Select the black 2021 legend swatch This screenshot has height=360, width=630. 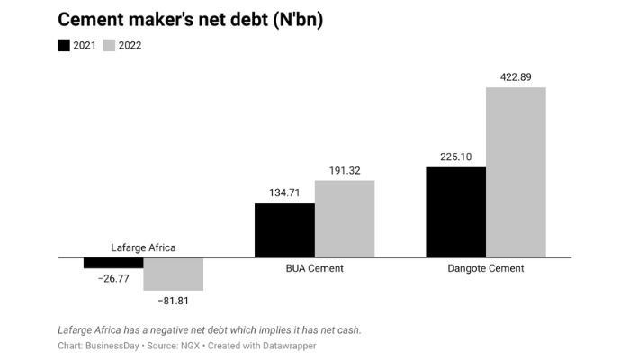(x=64, y=46)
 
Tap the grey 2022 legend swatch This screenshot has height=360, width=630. (x=109, y=46)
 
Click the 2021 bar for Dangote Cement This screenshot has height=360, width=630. (x=455, y=212)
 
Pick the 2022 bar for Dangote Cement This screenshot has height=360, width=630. (x=516, y=172)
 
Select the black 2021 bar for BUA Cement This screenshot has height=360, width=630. (x=284, y=230)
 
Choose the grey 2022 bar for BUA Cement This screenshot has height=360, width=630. (x=345, y=219)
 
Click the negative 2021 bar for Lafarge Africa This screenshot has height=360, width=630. (x=113, y=263)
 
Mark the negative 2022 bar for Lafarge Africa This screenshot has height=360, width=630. (x=174, y=274)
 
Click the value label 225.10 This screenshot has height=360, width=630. (x=455, y=157)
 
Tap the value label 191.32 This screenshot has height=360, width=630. (x=345, y=170)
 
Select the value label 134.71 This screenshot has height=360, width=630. (x=284, y=193)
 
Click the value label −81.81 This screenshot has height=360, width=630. (x=174, y=300)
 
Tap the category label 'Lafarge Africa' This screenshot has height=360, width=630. (x=143, y=247)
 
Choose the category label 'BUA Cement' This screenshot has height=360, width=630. (x=314, y=268)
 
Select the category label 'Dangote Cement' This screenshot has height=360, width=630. (x=486, y=268)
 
